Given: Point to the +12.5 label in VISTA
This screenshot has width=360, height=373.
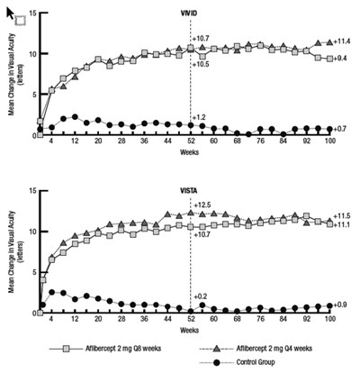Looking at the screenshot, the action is [202, 205].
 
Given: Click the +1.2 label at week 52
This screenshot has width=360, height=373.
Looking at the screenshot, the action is [199, 117].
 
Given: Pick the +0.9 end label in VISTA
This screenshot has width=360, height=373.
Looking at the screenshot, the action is [340, 305].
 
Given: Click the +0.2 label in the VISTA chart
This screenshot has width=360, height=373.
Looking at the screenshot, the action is [200, 296].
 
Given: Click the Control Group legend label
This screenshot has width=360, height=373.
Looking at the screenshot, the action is [256, 362].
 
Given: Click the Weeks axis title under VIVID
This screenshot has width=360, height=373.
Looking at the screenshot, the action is [189, 152].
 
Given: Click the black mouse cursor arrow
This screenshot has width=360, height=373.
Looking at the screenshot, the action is [11, 14].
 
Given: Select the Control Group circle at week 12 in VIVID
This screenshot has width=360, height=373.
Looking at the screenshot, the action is [75, 117].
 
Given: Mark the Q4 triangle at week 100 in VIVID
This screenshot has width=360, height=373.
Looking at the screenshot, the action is [330, 42].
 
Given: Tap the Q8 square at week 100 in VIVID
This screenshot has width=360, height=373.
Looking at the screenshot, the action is [330, 59].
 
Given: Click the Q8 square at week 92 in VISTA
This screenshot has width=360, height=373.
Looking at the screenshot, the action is [307, 216].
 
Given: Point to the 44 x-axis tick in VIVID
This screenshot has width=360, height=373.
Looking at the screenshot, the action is [167, 141].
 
